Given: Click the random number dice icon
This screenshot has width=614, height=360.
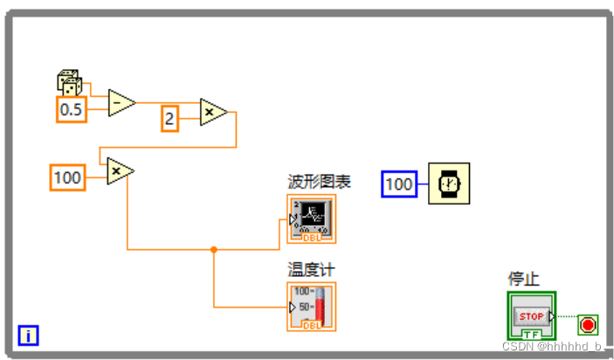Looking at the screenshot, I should (69, 84).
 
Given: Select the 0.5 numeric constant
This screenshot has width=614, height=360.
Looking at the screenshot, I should (71, 109).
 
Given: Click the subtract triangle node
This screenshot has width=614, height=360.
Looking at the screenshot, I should (121, 103).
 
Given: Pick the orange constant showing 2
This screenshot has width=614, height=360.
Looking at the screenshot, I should (169, 118).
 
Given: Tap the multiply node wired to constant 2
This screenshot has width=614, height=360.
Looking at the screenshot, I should (213, 112).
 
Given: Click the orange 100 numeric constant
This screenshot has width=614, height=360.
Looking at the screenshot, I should (67, 177).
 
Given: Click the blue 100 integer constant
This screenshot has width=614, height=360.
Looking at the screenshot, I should (399, 184).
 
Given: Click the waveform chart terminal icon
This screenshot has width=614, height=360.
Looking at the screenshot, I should (311, 218).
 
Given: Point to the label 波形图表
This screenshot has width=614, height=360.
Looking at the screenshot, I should (319, 182).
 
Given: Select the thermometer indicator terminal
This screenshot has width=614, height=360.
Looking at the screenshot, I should (311, 307).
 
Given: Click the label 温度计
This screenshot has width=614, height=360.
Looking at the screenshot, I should (312, 270).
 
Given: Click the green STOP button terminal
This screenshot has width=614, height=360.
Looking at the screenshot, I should (531, 315).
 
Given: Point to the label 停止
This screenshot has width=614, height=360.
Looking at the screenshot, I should (524, 280).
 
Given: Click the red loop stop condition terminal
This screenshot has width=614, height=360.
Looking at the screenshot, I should (588, 325).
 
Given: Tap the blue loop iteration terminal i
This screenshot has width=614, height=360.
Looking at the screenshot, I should (29, 335).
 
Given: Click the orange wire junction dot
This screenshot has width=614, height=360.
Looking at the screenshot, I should (214, 250).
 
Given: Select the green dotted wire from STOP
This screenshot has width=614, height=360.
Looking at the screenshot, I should (567, 316).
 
